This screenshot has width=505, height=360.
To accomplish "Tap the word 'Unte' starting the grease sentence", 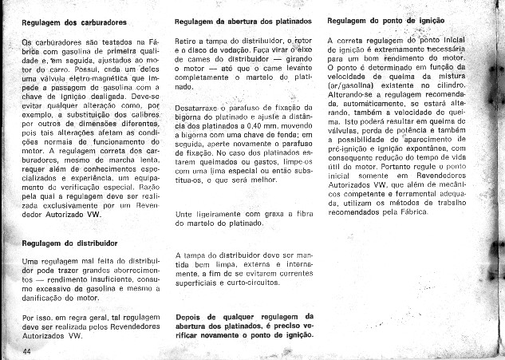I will click(x=183, y=215).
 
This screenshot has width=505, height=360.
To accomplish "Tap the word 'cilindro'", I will click(x=449, y=85).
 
